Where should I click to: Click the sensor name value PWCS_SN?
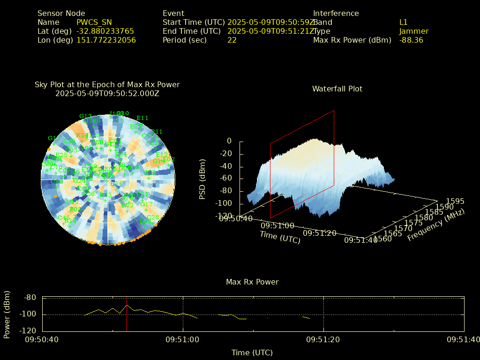[94, 22]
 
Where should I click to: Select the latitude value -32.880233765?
[105, 31]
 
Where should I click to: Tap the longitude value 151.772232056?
[106, 40]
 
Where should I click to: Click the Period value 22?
[232, 40]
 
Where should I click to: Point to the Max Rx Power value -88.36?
[411, 40]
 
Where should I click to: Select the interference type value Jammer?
[413, 31]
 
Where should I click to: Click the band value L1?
[403, 22]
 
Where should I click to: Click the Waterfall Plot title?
[337, 89]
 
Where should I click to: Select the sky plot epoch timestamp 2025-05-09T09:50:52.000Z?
[107, 93]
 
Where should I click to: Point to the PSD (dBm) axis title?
[202, 179]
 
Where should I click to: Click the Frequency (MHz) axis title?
[435, 225]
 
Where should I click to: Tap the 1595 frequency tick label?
[455, 201]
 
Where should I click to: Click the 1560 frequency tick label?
[383, 240]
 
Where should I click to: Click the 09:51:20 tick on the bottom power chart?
[323, 339]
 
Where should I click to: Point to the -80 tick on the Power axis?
[30, 297]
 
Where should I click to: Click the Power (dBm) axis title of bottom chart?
[7, 314]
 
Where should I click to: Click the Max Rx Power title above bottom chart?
[252, 282]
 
